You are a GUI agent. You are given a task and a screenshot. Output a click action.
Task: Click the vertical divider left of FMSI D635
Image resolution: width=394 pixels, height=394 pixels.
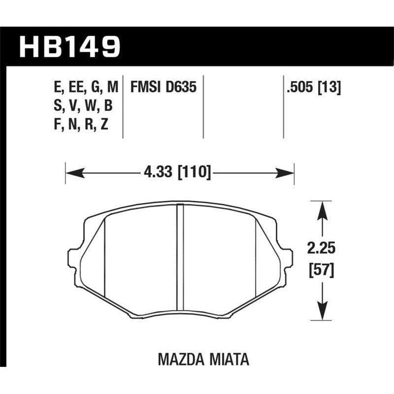tap(123, 106)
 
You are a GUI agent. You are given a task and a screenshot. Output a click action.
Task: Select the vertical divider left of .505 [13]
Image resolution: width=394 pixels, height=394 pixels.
tap(284, 106)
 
